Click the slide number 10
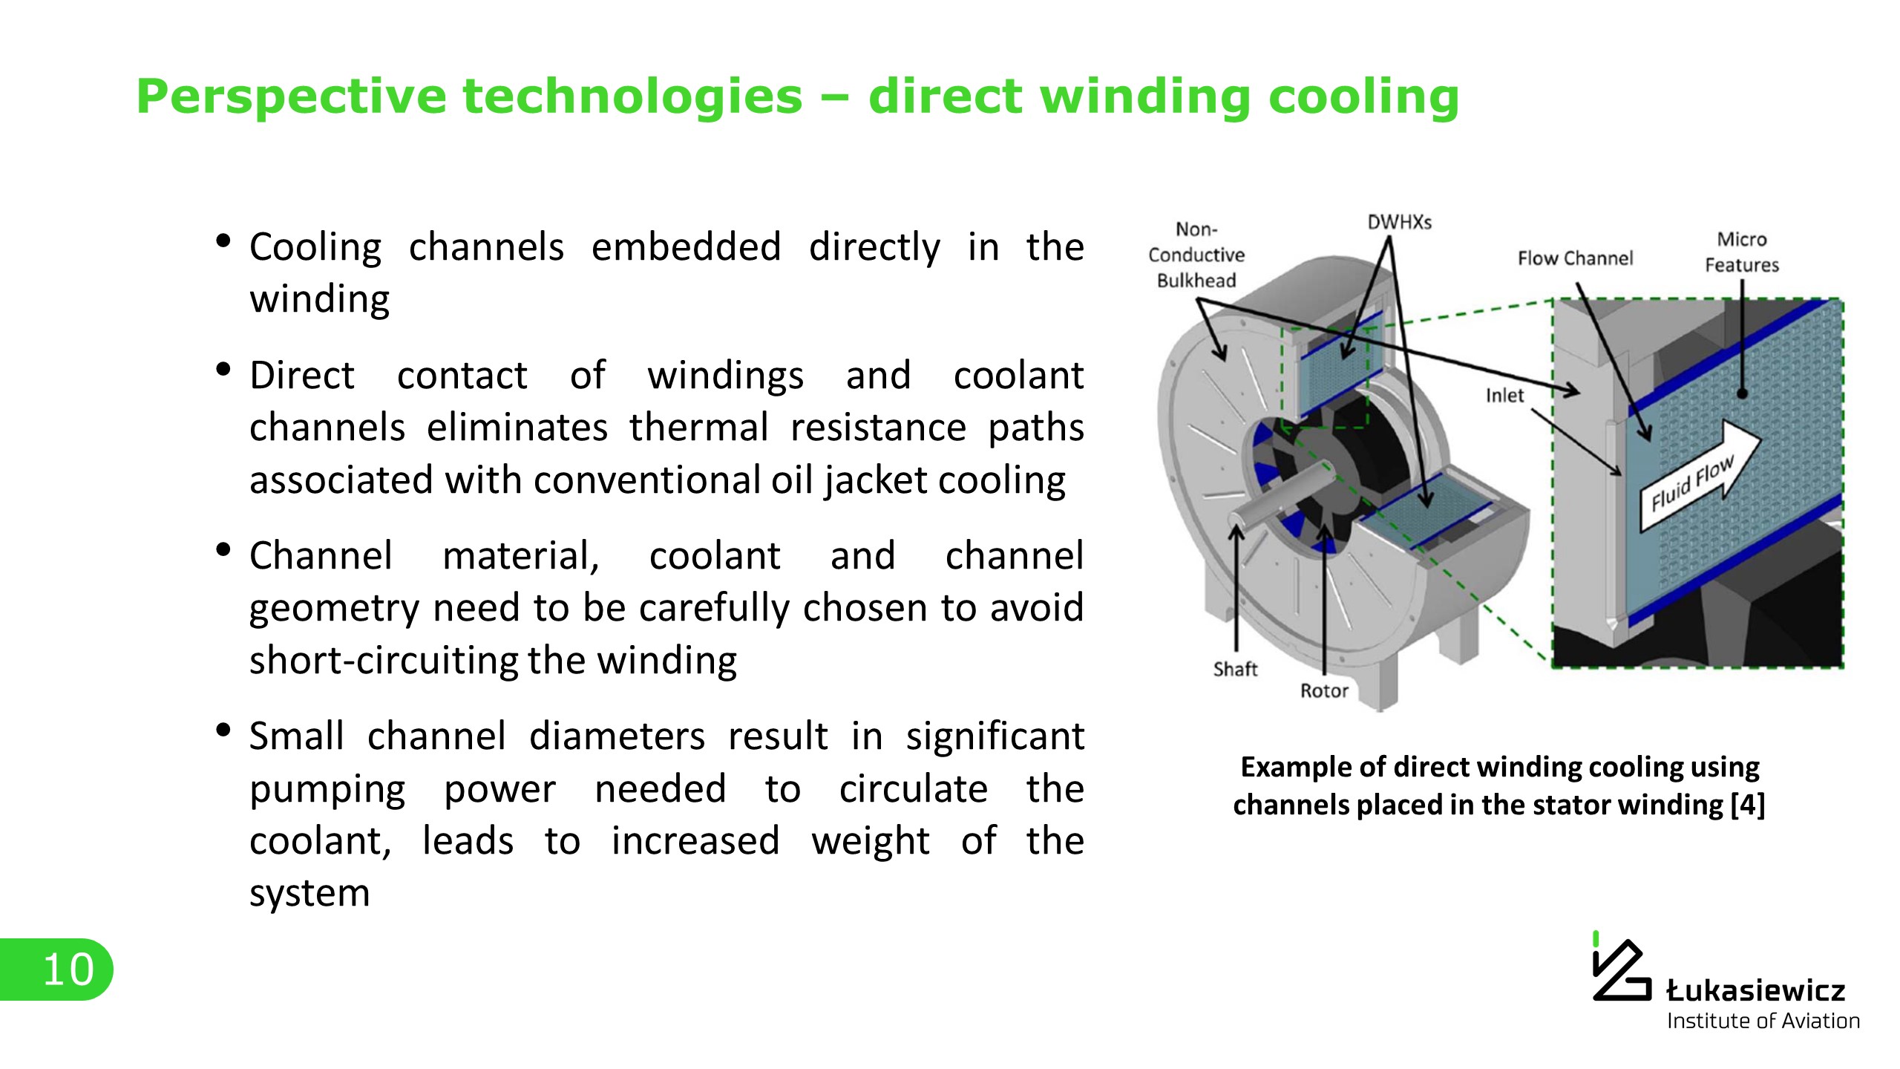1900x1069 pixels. point(68,970)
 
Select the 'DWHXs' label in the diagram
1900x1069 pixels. point(1399,222)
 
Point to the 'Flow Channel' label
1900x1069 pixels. point(1575,258)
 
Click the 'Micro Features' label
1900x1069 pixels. point(1741,252)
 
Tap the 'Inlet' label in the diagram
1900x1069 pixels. point(1504,396)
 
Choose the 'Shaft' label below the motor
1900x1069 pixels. point(1235,670)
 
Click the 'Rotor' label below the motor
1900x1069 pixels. point(1324,691)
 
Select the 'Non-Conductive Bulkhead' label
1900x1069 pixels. point(1196,255)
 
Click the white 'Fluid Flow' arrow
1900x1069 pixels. point(1700,477)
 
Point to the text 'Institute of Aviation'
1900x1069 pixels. point(1763,1021)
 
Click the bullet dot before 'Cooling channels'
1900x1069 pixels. point(223,241)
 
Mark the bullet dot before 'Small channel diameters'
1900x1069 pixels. point(223,730)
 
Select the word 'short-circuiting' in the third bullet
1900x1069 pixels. point(383,660)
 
